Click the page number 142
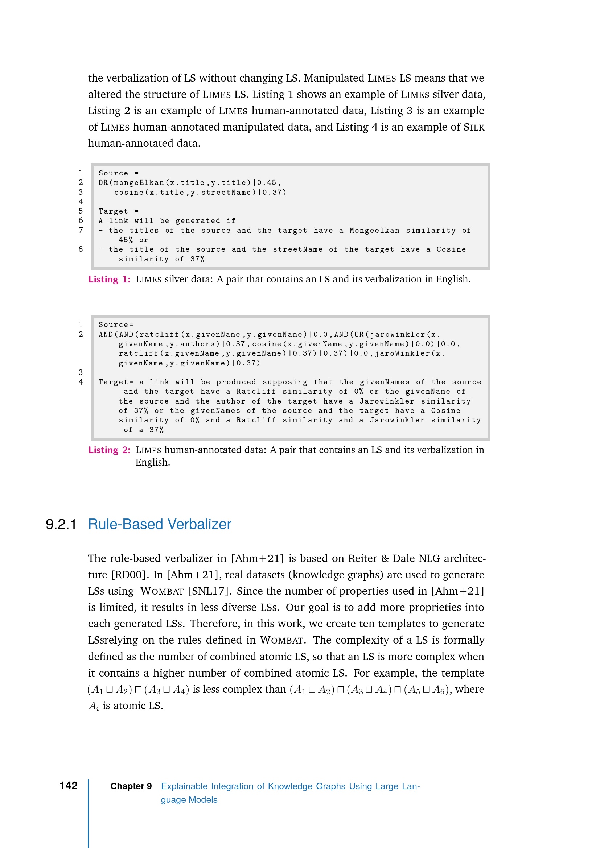[x=68, y=786]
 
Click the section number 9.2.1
[x=61, y=524]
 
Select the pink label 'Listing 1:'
[x=109, y=279]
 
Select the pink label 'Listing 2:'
[x=109, y=450]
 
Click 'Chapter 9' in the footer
[x=131, y=786]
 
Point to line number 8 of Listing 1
[x=81, y=249]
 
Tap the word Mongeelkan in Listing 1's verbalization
[x=374, y=231]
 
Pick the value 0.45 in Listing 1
[x=267, y=183]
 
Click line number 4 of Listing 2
[x=81, y=382]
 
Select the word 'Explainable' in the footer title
[x=184, y=786]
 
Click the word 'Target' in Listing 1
[x=113, y=211]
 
